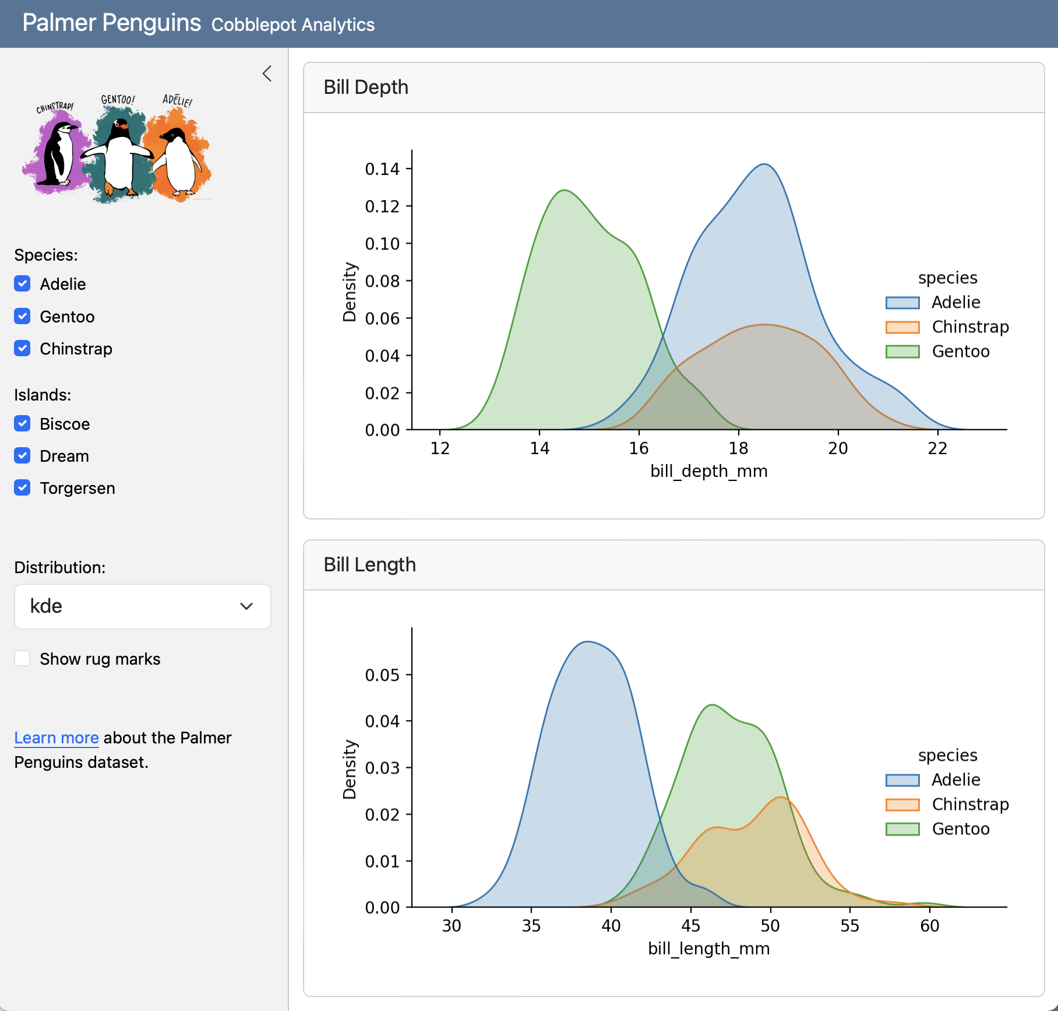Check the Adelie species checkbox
click(22, 284)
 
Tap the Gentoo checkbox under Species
click(22, 317)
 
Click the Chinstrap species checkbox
click(22, 349)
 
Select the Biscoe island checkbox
click(22, 424)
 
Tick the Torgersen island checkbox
click(22, 488)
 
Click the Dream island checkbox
click(22, 456)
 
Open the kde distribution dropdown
click(142, 606)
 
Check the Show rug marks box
click(22, 659)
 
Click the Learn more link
click(56, 738)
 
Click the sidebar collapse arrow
click(267, 74)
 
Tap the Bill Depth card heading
click(366, 87)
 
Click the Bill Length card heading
click(369, 565)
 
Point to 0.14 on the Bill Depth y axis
click(382, 169)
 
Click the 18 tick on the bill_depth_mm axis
click(738, 448)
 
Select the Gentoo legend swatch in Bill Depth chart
click(902, 352)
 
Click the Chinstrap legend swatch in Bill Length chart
click(902, 805)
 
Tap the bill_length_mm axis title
click(708, 949)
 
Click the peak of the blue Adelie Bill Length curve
click(588, 642)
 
